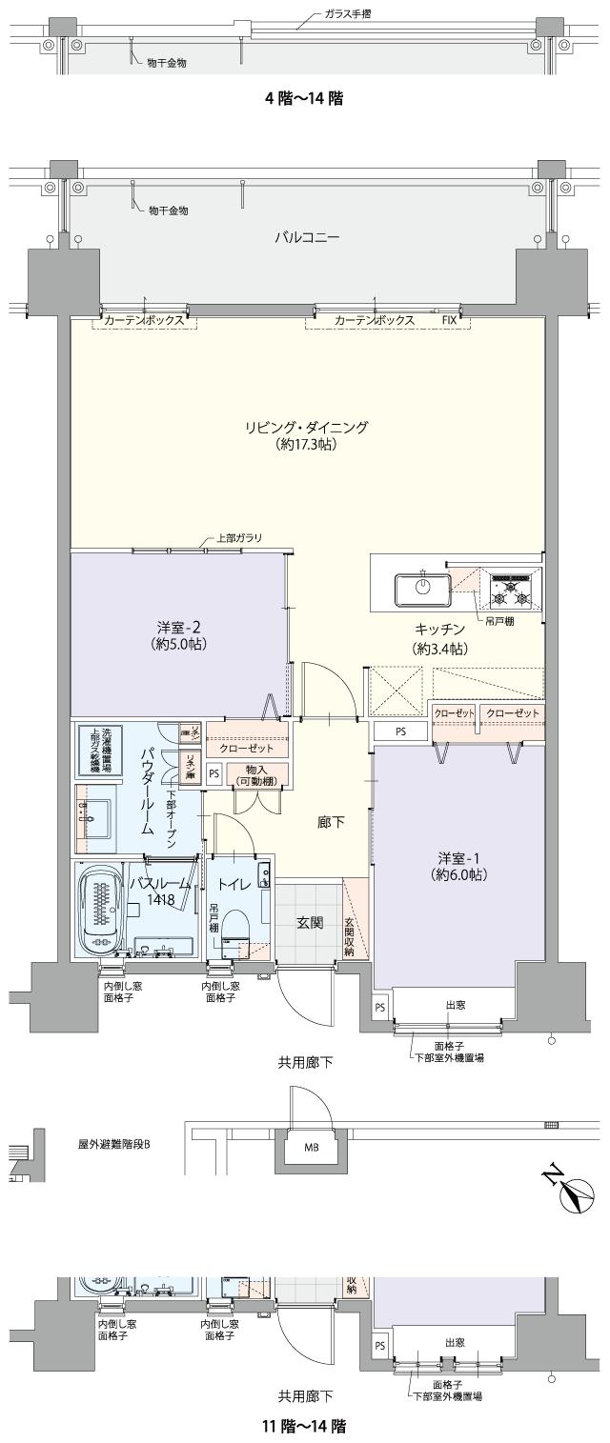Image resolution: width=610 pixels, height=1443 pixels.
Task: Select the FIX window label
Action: pos(449,320)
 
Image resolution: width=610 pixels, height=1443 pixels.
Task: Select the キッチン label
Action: pos(439,629)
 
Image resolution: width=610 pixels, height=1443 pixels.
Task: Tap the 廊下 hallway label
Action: pos(331,821)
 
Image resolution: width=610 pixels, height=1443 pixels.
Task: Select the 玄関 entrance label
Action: pos(308,922)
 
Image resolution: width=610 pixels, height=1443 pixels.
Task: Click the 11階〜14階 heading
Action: pos(304,1426)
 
